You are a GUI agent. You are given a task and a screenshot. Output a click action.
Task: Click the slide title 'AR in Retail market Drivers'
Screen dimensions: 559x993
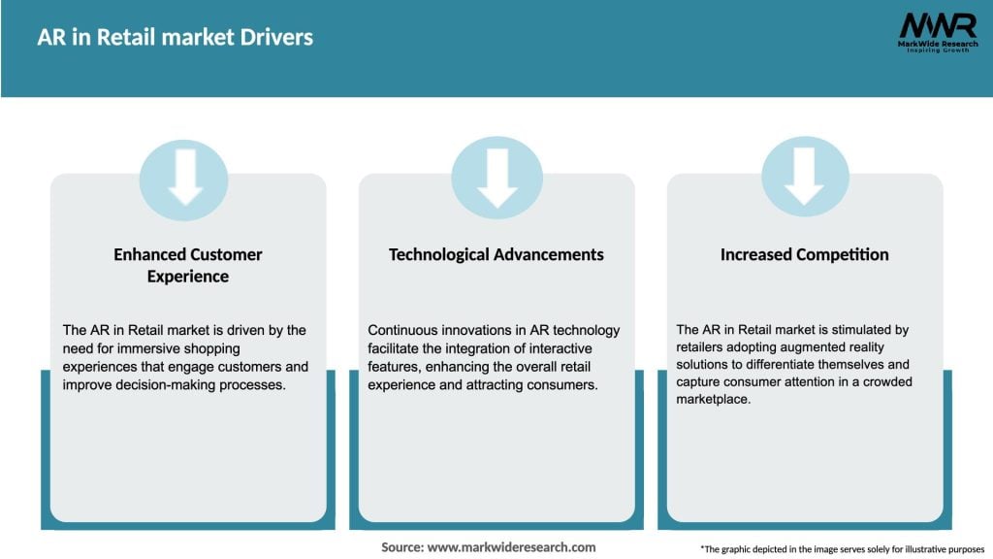point(175,38)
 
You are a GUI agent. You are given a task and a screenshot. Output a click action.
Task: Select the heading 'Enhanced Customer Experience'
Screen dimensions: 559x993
point(188,265)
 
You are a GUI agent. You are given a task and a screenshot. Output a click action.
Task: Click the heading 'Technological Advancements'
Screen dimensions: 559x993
point(496,254)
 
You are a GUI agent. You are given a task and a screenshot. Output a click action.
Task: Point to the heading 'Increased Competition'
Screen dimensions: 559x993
point(804,254)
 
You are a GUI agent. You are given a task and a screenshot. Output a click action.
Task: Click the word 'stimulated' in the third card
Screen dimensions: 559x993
point(843,330)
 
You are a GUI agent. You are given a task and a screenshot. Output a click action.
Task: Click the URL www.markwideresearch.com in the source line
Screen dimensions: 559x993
point(512,547)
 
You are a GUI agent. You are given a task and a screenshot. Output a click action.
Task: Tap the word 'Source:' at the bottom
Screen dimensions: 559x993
point(402,547)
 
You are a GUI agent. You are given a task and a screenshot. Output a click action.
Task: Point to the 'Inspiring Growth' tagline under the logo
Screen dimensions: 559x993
point(936,50)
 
